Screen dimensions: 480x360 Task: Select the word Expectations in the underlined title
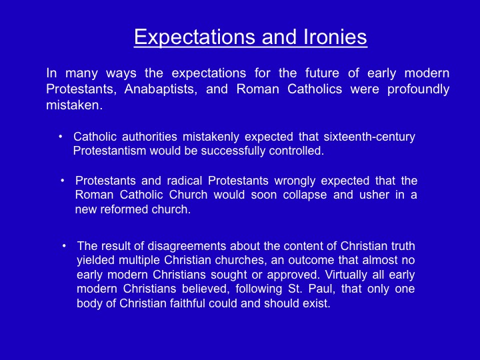coord(195,38)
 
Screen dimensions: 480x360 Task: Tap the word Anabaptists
coord(161,89)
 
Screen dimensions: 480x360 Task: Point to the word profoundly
coord(418,89)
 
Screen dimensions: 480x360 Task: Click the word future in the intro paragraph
coord(322,73)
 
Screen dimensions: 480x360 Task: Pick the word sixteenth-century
coord(369,137)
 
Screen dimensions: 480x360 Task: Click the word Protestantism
coord(109,151)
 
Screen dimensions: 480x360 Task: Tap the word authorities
coord(149,137)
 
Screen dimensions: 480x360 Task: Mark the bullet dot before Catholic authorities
coord(61,137)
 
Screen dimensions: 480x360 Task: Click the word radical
coord(184,181)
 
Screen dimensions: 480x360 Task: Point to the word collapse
coord(305,195)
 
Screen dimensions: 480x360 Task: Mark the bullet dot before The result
coord(64,246)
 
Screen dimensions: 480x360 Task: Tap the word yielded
coord(96,260)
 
